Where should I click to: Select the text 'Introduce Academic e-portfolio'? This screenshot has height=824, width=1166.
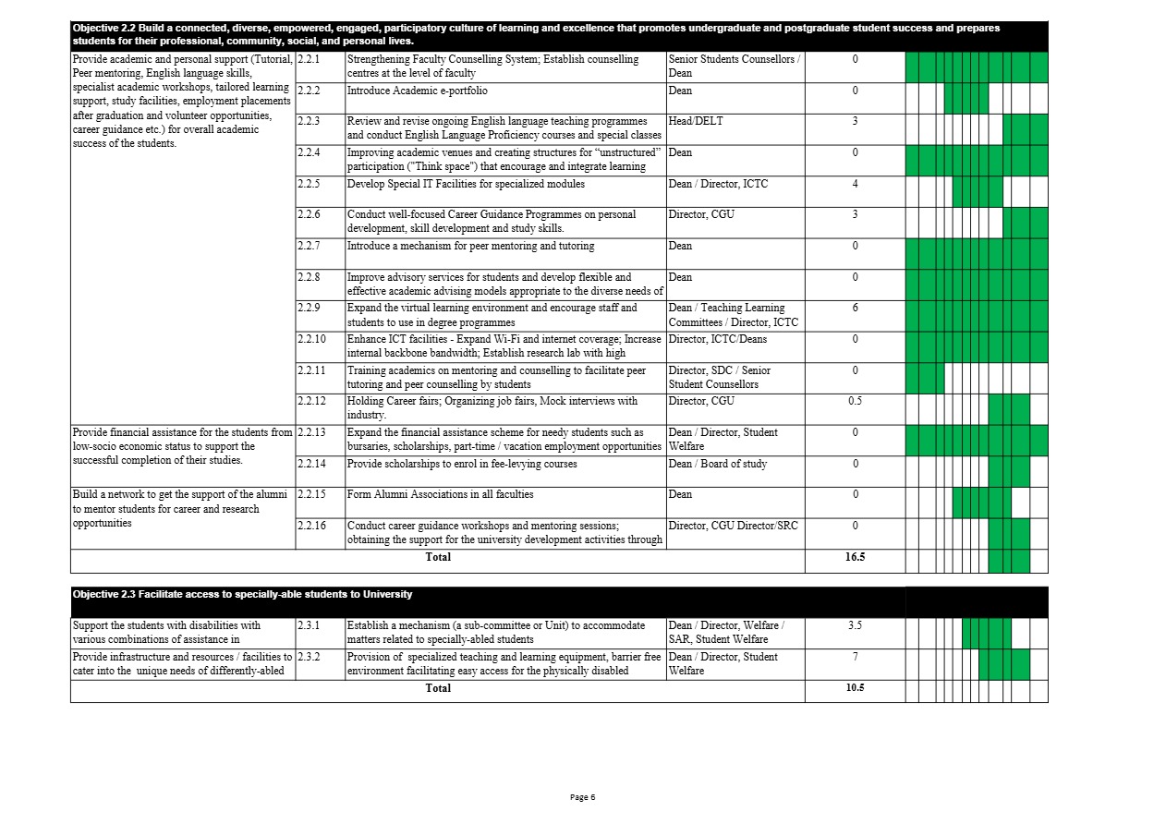[x=417, y=91]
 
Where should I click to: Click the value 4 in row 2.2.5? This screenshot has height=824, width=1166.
[x=855, y=184]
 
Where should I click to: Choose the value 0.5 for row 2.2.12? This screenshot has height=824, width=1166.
[x=855, y=401]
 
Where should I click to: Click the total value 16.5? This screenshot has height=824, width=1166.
[x=855, y=557]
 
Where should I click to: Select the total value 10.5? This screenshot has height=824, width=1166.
[x=855, y=687]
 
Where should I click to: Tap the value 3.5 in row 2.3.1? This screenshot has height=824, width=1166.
[x=855, y=625]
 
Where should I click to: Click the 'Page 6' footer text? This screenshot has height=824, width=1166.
[x=582, y=797]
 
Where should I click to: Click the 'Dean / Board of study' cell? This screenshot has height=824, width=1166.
[x=717, y=464]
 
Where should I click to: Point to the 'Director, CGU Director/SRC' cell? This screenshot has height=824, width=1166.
[x=733, y=526]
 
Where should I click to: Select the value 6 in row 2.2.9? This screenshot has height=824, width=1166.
[x=855, y=308]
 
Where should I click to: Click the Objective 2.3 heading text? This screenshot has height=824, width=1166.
[x=242, y=594]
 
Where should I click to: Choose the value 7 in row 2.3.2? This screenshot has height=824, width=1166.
[x=855, y=657]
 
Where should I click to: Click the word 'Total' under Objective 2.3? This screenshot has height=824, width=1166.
[x=438, y=687]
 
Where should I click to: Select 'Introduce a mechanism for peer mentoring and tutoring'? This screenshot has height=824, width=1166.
[x=470, y=246]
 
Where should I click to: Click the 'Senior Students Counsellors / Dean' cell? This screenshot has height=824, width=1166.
[x=734, y=66]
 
